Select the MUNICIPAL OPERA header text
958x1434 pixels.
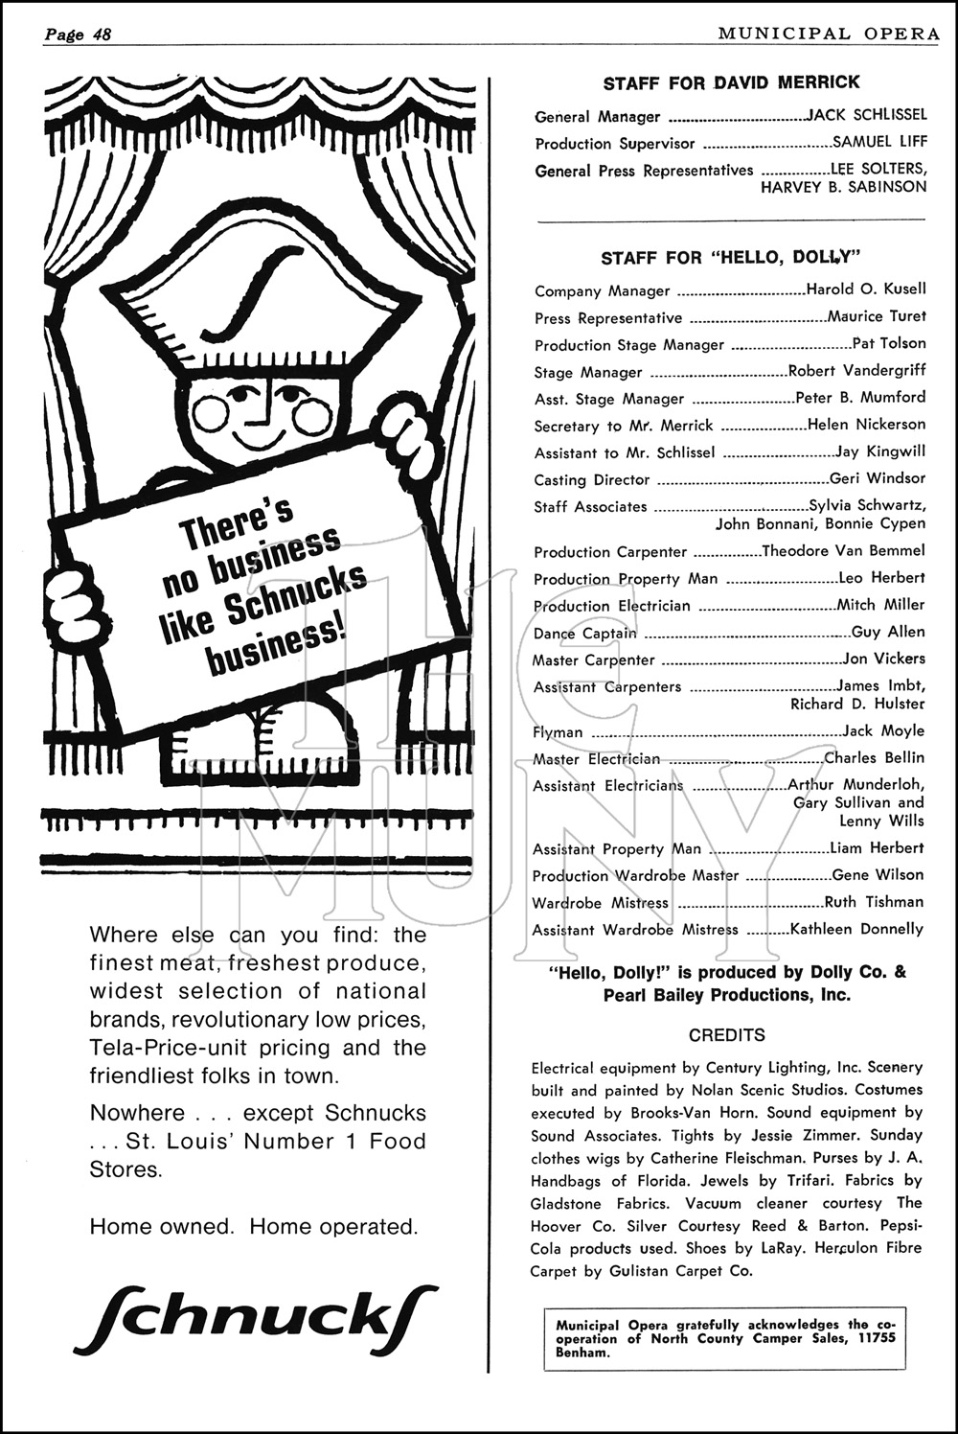pyautogui.click(x=828, y=34)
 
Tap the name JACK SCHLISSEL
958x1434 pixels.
pyautogui.click(x=867, y=115)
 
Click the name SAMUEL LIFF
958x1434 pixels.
pyautogui.click(x=879, y=142)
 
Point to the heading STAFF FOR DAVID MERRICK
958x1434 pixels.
pyautogui.click(x=731, y=83)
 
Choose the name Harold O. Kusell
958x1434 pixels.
pyautogui.click(x=866, y=289)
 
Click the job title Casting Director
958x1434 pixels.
pyautogui.click(x=591, y=479)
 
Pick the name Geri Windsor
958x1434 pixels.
pyautogui.click(x=878, y=477)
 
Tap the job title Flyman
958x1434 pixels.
pyautogui.click(x=558, y=732)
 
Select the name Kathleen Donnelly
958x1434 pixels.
pyautogui.click(x=856, y=929)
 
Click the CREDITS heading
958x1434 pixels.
pyautogui.click(x=726, y=1035)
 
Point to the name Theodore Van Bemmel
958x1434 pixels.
pyautogui.click(x=843, y=550)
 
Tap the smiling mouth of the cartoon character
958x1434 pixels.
pyautogui.click(x=260, y=437)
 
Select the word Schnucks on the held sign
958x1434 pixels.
pyautogui.click(x=297, y=595)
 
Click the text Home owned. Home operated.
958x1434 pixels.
pyautogui.click(x=253, y=1226)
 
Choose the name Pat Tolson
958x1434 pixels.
pyautogui.click(x=889, y=342)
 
